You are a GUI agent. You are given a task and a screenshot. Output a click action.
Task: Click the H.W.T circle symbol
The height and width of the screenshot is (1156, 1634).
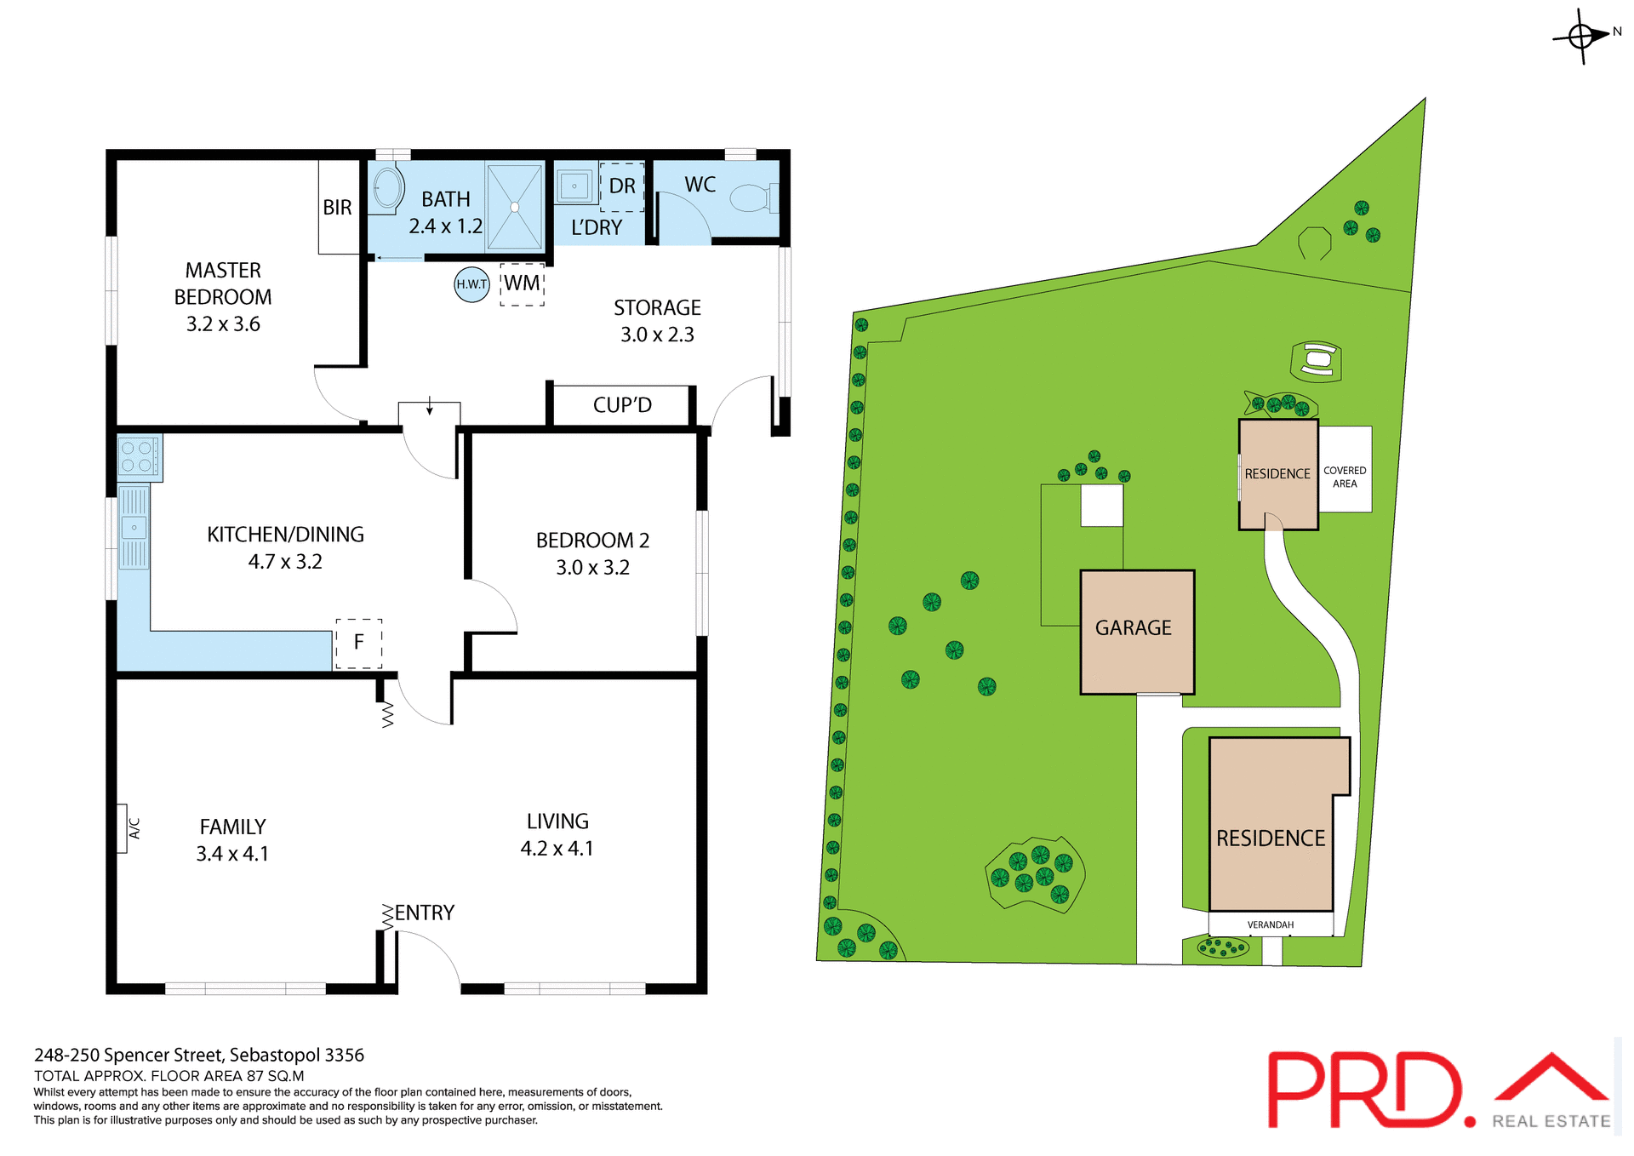click(x=471, y=283)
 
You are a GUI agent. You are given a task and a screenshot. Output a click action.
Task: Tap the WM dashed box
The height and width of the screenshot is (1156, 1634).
click(x=522, y=283)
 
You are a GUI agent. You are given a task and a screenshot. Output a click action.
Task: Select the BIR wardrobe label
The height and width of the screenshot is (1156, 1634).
click(x=337, y=208)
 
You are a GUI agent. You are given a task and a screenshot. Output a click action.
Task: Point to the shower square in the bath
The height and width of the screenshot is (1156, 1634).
click(x=514, y=207)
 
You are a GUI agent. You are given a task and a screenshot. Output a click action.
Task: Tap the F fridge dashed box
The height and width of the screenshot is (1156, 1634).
click(x=358, y=643)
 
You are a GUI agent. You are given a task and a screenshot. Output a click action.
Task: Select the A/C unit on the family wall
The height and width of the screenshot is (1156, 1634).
click(x=123, y=828)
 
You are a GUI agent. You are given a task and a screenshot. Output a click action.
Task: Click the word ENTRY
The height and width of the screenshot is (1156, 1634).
click(x=424, y=913)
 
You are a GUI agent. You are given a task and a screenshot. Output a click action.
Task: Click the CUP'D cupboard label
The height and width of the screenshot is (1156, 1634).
click(x=622, y=405)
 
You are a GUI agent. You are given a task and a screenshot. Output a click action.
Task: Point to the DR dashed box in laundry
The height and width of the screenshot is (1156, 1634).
click(x=622, y=186)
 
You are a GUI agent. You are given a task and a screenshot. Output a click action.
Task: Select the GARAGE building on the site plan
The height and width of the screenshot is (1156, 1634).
click(x=1136, y=631)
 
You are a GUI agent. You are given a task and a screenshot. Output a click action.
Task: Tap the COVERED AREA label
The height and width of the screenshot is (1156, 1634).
click(x=1345, y=477)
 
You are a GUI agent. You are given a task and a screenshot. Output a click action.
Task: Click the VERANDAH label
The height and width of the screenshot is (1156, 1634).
click(x=1270, y=924)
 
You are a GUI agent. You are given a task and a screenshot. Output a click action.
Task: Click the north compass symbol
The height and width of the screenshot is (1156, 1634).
click(x=1581, y=37)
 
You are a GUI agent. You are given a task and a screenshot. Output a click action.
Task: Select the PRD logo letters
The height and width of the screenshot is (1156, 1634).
click(x=1365, y=1090)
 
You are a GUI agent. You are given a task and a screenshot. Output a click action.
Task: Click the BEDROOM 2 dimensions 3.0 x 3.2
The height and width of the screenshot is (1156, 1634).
click(x=592, y=568)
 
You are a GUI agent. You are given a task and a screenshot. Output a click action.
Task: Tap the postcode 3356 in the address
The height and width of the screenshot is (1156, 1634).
click(x=344, y=1055)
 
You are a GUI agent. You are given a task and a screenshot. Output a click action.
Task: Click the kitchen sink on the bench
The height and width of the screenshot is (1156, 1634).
click(x=134, y=528)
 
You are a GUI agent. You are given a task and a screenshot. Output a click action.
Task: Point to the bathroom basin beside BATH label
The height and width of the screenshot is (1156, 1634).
click(x=387, y=188)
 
